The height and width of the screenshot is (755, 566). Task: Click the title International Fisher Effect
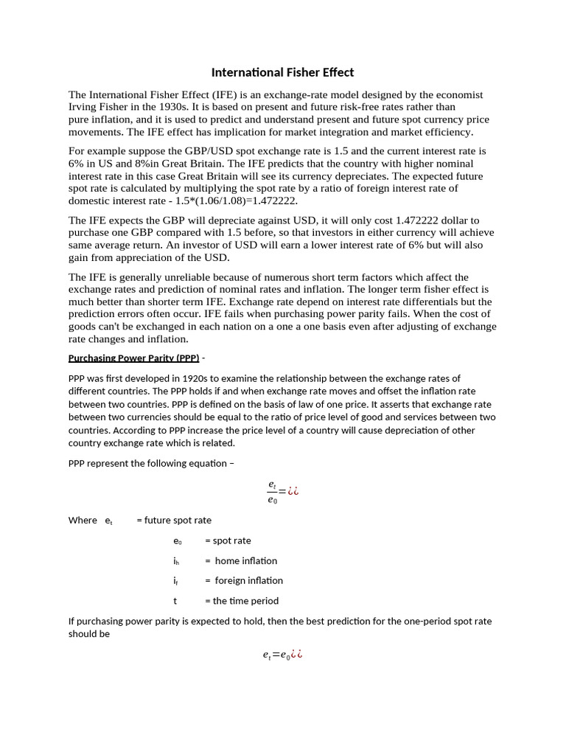click(282, 72)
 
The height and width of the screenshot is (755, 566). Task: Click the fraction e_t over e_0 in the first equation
click(272, 492)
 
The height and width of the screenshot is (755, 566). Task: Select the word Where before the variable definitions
click(83, 520)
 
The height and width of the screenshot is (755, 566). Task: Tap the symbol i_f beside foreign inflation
click(176, 581)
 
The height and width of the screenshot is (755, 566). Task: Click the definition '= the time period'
click(242, 601)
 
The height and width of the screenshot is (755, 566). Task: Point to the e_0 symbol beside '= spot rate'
click(177, 540)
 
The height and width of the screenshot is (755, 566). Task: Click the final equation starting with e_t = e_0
click(282, 654)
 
